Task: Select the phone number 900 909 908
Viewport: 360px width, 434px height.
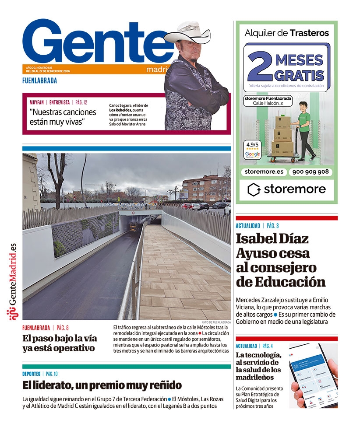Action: pyautogui.click(x=311, y=172)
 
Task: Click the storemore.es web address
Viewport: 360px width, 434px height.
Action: pyautogui.click(x=262, y=172)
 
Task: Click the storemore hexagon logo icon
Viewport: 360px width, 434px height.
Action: pyautogui.click(x=254, y=189)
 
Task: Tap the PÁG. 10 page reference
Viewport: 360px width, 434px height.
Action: pyautogui.click(x=52, y=374)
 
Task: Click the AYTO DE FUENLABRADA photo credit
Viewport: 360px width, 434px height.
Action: pyautogui.click(x=216, y=322)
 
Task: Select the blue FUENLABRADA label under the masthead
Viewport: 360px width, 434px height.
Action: pyautogui.click(x=39, y=80)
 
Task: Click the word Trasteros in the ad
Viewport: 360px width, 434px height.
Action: pyautogui.click(x=309, y=32)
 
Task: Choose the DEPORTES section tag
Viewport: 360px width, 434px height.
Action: pyautogui.click(x=32, y=374)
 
